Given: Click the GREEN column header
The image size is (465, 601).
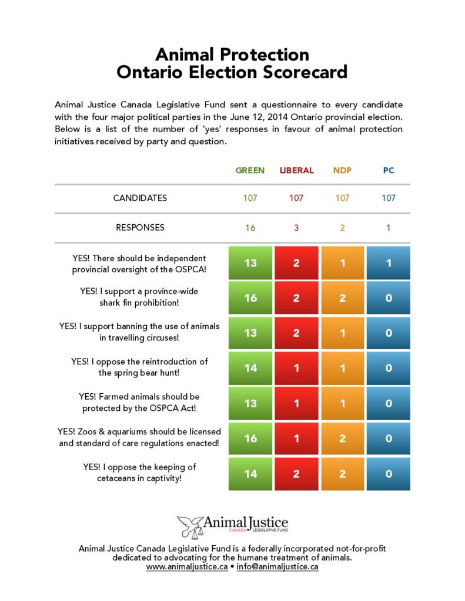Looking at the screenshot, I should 250,170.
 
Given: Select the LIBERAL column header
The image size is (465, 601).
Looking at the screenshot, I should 296,170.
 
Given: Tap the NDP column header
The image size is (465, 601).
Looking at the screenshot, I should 342,170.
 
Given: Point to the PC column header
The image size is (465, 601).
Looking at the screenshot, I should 388,170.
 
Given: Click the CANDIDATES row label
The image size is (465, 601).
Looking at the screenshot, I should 140,198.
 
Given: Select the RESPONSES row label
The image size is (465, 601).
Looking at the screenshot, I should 140,227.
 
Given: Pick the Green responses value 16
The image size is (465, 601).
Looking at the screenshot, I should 250,228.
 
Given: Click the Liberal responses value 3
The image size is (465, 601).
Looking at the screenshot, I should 296,228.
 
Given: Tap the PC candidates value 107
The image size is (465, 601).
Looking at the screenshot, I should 388,198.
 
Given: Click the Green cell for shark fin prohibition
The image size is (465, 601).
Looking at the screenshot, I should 250,298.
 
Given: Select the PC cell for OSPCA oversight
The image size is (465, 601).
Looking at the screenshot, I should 388,263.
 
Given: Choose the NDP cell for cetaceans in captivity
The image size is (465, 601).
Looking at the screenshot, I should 342,473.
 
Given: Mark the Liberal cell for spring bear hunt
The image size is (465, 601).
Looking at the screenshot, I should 296,368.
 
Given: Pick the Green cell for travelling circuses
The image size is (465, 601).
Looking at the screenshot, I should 250,333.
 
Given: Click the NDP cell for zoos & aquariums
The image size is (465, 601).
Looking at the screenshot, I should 342,438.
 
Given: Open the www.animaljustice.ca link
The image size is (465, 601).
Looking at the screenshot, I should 186,567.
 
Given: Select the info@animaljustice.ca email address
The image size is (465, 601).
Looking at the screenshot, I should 277,567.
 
